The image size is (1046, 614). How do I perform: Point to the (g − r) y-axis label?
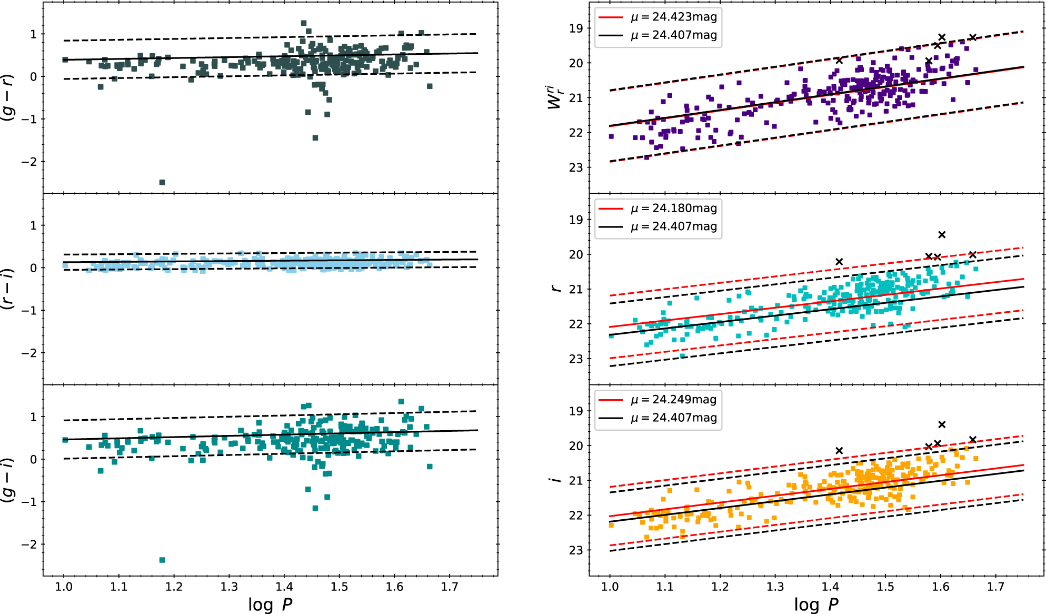(8, 98)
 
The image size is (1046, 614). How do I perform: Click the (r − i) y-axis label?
(8, 289)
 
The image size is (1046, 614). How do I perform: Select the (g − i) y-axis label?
(8, 480)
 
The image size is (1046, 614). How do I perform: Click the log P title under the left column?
(270, 605)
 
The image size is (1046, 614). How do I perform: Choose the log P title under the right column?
(816, 605)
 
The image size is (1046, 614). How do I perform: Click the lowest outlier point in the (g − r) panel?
(162, 182)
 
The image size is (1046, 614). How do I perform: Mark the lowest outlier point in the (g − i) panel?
(162, 560)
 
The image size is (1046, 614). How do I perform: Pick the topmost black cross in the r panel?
(942, 234)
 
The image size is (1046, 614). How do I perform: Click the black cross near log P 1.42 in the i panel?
(839, 450)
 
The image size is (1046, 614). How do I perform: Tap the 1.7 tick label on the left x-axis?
(450, 587)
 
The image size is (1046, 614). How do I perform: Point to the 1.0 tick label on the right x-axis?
(610, 587)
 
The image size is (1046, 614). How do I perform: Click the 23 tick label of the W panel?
(576, 167)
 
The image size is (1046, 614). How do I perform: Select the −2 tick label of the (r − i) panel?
(29, 353)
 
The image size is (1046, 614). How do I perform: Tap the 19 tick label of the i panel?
(576, 411)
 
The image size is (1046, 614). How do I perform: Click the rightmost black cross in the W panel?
(973, 37)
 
